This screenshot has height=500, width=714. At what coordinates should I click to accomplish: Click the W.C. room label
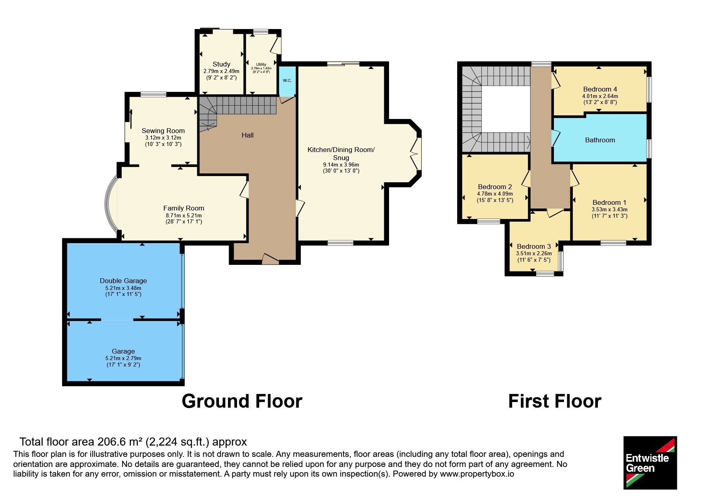pyautogui.click(x=287, y=81)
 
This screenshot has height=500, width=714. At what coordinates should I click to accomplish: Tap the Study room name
pyautogui.click(x=221, y=64)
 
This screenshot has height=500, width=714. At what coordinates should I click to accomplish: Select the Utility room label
pyautogui.click(x=261, y=65)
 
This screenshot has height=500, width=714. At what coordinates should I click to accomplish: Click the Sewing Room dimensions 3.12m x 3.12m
pyautogui.click(x=163, y=138)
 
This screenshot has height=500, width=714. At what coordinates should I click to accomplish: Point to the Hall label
pyautogui.click(x=248, y=135)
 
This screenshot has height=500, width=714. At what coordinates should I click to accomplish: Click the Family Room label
pyautogui.click(x=183, y=208)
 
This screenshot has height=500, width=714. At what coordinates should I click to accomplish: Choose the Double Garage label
pyautogui.click(x=123, y=281)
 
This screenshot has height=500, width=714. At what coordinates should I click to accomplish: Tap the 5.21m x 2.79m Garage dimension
pyautogui.click(x=123, y=358)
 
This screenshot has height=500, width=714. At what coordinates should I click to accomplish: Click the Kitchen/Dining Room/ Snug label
pyautogui.click(x=341, y=154)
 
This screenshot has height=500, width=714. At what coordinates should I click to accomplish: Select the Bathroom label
pyautogui.click(x=600, y=140)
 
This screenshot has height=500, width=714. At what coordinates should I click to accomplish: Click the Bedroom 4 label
pyautogui.click(x=600, y=89)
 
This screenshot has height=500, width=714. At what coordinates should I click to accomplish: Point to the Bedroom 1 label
pyautogui.click(x=609, y=202)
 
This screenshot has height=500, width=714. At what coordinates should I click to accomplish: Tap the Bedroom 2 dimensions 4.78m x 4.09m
pyautogui.click(x=495, y=194)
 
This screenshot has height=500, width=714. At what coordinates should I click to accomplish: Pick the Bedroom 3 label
pyautogui.click(x=534, y=246)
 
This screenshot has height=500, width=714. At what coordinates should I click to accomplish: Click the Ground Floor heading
pyautogui.click(x=242, y=401)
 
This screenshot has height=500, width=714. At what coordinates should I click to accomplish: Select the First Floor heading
pyautogui.click(x=555, y=401)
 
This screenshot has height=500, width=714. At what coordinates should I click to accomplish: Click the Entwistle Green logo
pyautogui.click(x=650, y=462)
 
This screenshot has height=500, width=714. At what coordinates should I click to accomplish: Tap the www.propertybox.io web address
pyautogui.click(x=477, y=474)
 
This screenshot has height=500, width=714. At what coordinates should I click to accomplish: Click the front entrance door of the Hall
pyautogui.click(x=270, y=259)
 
